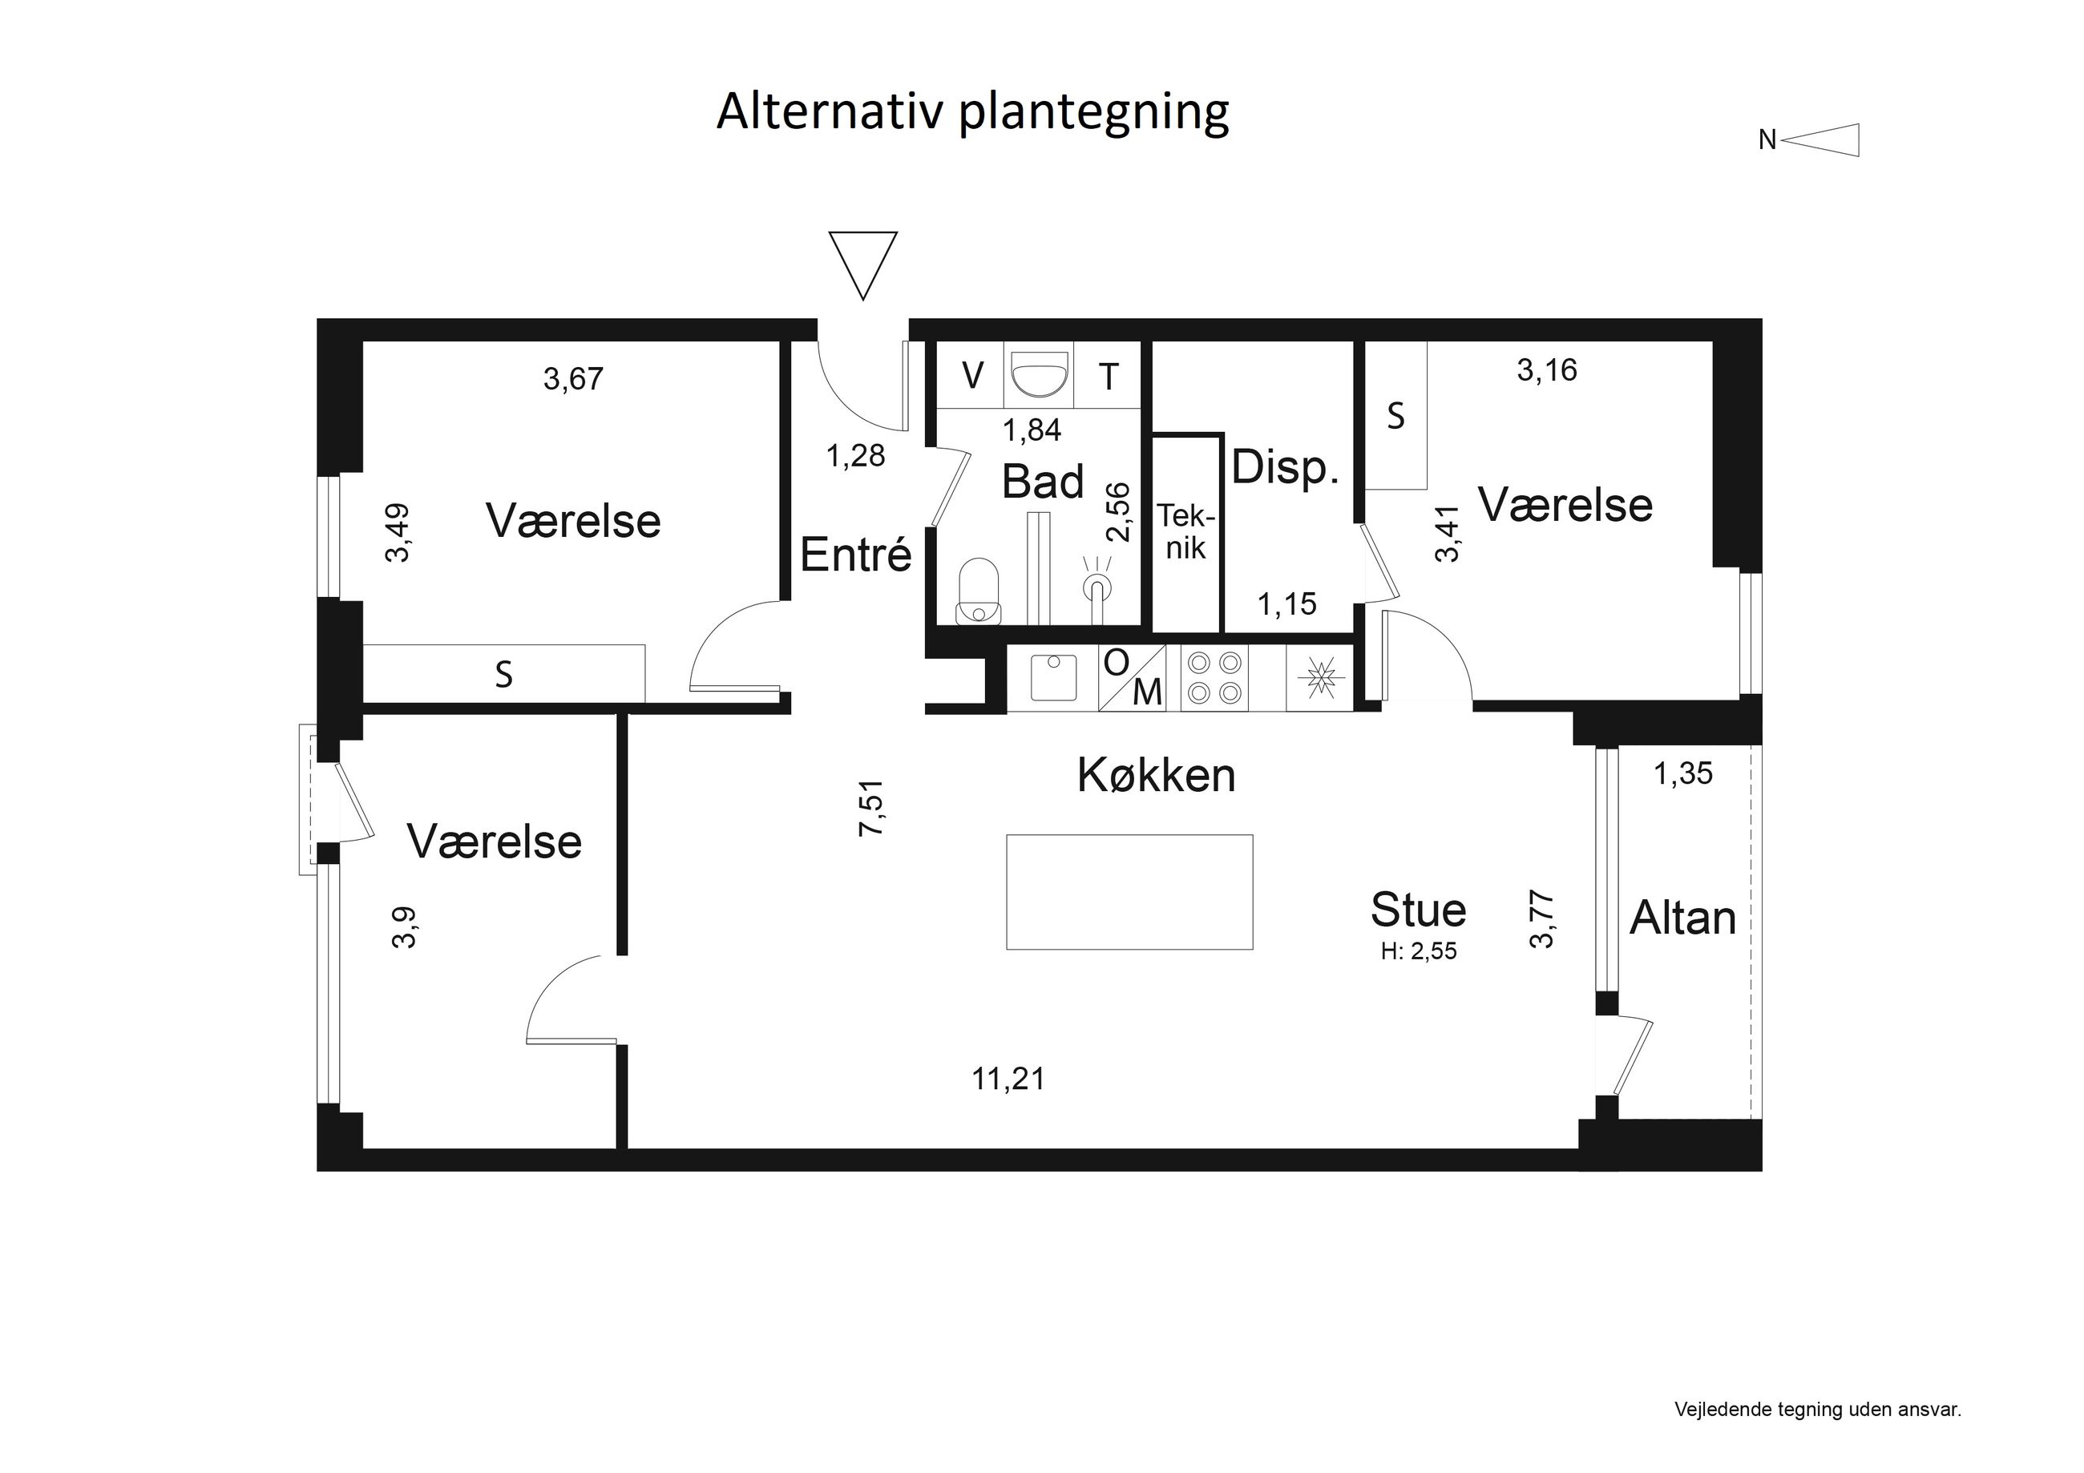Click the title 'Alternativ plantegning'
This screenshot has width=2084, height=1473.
coord(972,112)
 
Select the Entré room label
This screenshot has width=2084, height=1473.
coord(855,555)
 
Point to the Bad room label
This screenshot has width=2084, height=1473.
coord(1042,482)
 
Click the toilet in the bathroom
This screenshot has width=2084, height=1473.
coord(978,591)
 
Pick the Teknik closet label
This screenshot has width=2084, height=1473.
coord(1185,532)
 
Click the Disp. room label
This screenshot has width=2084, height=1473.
coord(1285,467)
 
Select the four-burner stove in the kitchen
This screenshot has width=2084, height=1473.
coord(1214,677)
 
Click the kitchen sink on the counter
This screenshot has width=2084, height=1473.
coord(1053,677)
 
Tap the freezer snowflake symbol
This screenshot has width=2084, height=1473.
coord(1318,678)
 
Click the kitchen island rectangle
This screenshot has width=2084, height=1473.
coord(1129,892)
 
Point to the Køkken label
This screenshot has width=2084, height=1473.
coord(1157,776)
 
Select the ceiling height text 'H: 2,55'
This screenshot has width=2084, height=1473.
coord(1419,951)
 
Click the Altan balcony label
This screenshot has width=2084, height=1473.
coord(1682,918)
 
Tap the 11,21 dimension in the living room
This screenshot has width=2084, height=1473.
coord(1008,1080)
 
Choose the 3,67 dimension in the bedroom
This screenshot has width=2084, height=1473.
coord(573,378)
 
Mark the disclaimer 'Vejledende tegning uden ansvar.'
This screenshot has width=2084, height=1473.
coord(1818,1410)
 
